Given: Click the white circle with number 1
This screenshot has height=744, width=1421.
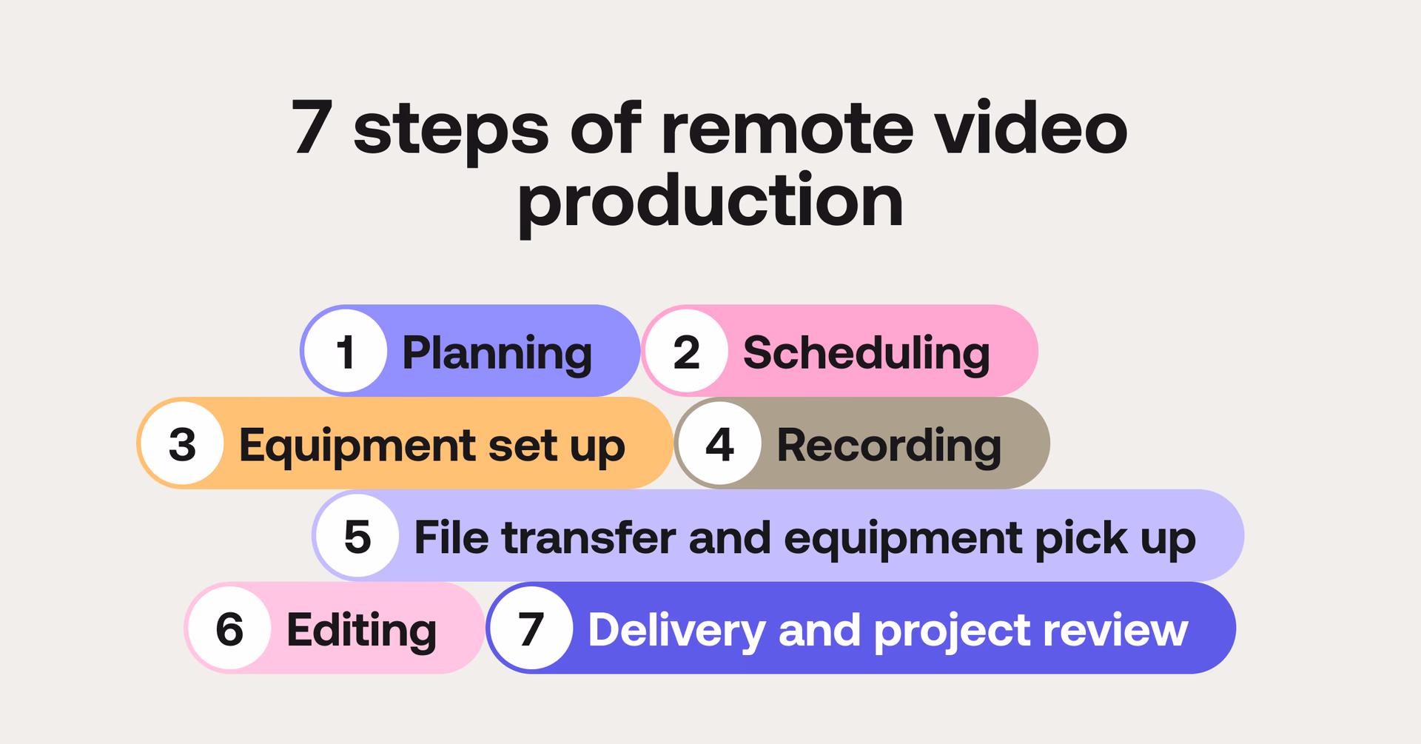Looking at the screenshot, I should pyautogui.click(x=346, y=351).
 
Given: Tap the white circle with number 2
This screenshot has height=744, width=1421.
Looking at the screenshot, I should pyautogui.click(x=686, y=351).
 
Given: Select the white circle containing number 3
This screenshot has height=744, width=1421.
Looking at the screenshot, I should pyautogui.click(x=183, y=443).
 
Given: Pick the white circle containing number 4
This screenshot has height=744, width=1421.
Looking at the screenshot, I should pyautogui.click(x=719, y=443).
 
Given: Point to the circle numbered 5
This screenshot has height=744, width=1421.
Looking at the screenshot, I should pyautogui.click(x=357, y=536).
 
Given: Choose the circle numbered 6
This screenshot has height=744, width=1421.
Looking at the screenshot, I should pyautogui.click(x=229, y=629).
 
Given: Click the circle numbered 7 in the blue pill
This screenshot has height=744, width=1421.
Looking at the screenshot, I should pyautogui.click(x=531, y=629).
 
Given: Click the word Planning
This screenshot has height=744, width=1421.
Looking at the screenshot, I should pyautogui.click(x=497, y=353).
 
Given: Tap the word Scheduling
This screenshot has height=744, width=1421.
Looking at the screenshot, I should pyautogui.click(x=866, y=353).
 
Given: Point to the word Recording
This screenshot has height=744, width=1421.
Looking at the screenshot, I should pyautogui.click(x=888, y=446).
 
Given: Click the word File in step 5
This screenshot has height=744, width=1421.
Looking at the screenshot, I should pyautogui.click(x=451, y=537).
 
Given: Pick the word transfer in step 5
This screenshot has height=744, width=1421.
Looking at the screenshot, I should pyautogui.click(x=588, y=537).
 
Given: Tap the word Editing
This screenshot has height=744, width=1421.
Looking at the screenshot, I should pyautogui.click(x=361, y=631).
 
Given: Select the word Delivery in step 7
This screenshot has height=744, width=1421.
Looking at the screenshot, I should pyautogui.click(x=676, y=631).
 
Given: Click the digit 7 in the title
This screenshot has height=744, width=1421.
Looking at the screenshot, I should pyautogui.click(x=312, y=127).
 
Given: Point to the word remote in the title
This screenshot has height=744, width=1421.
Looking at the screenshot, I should pyautogui.click(x=787, y=129).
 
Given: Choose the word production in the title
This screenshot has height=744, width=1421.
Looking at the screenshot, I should pyautogui.click(x=710, y=201).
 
